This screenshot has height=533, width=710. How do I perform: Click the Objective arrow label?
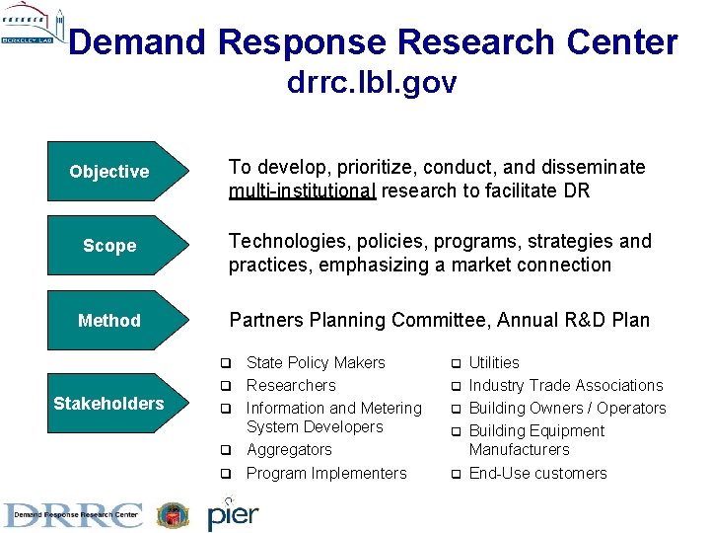(109, 172)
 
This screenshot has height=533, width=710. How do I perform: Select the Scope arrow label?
(109, 246)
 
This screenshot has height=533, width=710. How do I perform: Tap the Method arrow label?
(109, 321)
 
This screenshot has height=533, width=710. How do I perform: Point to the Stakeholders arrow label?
(108, 403)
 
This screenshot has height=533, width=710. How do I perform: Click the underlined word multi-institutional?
(302, 190)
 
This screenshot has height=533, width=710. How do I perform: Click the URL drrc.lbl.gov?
(372, 83)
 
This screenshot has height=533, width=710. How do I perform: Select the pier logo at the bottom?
(233, 514)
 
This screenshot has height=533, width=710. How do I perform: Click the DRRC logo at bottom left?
(73, 514)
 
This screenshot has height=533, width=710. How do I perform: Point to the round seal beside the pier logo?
(173, 515)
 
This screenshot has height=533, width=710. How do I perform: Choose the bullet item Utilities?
(494, 363)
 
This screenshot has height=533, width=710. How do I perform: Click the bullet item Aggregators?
(289, 450)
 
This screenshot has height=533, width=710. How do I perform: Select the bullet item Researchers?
(291, 386)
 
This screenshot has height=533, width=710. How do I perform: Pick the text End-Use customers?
(537, 474)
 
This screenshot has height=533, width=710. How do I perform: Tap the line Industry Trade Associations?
(566, 386)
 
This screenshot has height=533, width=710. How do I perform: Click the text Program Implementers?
(326, 474)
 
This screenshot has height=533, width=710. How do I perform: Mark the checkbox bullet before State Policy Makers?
(225, 363)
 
